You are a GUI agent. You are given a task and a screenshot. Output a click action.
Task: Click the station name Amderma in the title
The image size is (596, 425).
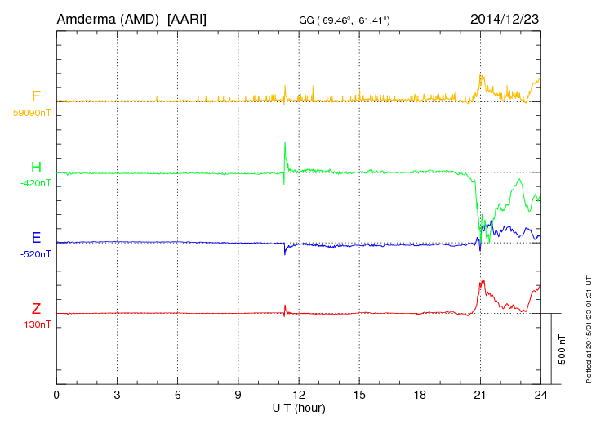tap(83, 18)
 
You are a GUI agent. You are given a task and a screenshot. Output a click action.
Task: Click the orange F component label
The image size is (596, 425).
tap(36, 97)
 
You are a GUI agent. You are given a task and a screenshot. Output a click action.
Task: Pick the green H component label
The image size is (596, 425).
tap(36, 168)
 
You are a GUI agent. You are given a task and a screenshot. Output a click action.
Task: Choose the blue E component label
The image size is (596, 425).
tap(36, 239)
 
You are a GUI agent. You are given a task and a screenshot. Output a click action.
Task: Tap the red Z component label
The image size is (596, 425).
tap(36, 309)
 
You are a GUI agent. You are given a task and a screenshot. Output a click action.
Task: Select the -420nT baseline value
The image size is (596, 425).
tap(35, 183)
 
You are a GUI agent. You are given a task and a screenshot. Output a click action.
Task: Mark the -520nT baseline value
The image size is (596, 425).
tap(35, 253)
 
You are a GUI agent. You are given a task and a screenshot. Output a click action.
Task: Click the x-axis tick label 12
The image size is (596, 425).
tap(299, 396)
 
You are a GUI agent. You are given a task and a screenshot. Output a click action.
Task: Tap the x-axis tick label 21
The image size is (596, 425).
tap(480, 396)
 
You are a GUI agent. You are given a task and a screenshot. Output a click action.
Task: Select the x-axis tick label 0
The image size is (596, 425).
tap(57, 396)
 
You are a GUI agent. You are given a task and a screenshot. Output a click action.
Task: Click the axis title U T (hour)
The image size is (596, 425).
tap(299, 408)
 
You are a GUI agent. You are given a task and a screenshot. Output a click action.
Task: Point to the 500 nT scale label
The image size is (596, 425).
tap(563, 348)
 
